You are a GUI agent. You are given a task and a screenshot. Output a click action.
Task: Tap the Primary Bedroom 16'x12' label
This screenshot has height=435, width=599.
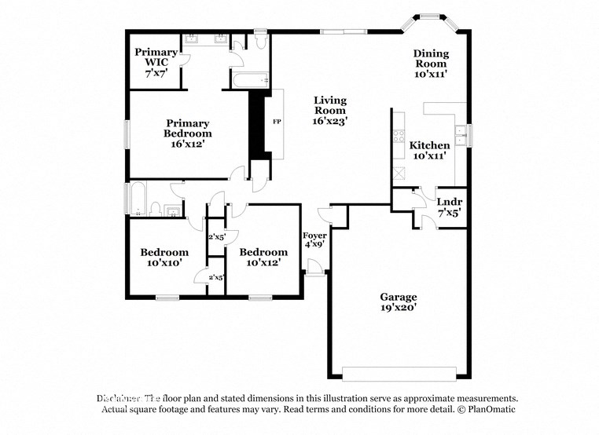pyautogui.click(x=188, y=128)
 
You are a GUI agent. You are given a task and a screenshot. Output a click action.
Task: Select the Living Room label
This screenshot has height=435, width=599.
pyautogui.click(x=330, y=110)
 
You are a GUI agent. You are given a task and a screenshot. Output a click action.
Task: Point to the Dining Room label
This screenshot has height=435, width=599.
pyautogui.click(x=431, y=64)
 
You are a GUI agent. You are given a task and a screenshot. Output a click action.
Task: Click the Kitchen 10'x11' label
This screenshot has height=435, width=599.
pyautogui.click(x=430, y=150)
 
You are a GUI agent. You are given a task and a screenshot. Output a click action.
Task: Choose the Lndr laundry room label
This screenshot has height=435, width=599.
pyautogui.click(x=449, y=207)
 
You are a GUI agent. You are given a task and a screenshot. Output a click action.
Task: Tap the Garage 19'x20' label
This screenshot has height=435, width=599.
pyautogui.click(x=399, y=302)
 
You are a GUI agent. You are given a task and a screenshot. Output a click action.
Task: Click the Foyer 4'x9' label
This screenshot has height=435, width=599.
pyautogui.click(x=314, y=239)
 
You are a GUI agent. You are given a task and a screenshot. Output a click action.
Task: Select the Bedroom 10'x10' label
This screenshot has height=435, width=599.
pyautogui.click(x=164, y=258)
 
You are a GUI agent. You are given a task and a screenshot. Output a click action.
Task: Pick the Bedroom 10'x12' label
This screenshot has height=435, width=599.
pyautogui.click(x=263, y=258)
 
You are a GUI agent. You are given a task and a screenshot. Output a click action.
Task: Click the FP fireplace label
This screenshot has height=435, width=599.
pyautogui.click(x=276, y=122)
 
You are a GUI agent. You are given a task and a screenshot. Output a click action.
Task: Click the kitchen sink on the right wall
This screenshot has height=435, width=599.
pyautogui.click(x=463, y=136)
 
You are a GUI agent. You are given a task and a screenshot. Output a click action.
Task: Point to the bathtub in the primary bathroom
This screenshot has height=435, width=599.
pyautogui.click(x=249, y=79)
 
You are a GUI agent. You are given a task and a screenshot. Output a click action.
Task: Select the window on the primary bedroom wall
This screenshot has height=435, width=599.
pyautogui.click(x=127, y=133)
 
